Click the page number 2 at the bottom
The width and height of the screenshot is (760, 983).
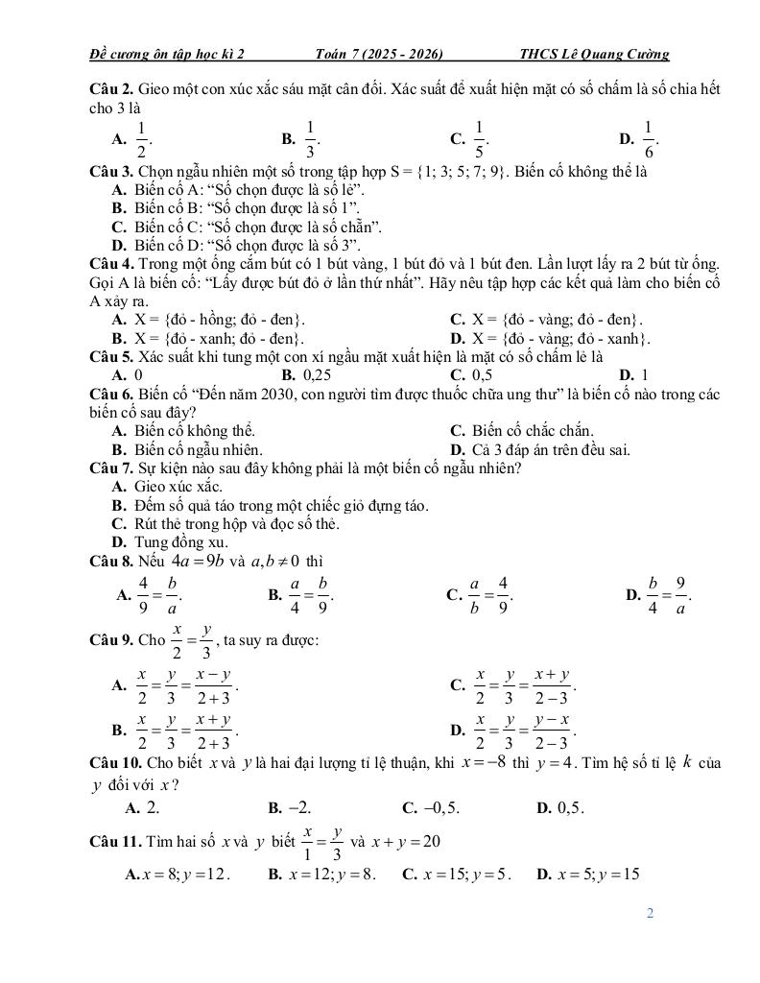coord(650,913)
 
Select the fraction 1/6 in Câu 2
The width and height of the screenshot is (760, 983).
coord(649,138)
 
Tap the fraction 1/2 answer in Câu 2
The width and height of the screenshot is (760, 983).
coord(141,138)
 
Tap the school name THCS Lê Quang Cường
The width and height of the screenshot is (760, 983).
coord(593,55)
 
